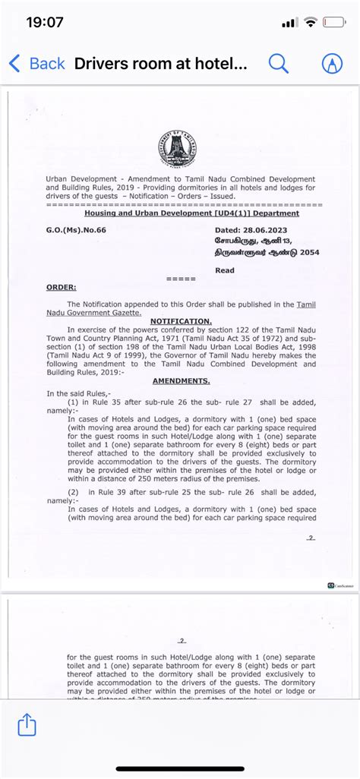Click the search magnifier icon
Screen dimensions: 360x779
tap(279, 64)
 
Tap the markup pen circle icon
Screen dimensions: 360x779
tap(332, 64)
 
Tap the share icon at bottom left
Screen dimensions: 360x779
tap(27, 724)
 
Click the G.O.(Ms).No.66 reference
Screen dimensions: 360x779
tap(76, 228)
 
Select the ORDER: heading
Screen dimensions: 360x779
tap(61, 287)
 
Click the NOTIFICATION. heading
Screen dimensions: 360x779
tap(181, 321)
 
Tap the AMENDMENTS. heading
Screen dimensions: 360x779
tap(181, 380)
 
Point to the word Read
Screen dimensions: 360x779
tap(225, 270)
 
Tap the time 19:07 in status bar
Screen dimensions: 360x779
tap(45, 23)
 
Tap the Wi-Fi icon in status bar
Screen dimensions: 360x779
tap(310, 23)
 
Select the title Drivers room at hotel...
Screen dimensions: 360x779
tap(161, 64)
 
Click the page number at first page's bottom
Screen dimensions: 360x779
tap(310, 538)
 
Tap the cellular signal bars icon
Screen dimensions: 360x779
tap(289, 23)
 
